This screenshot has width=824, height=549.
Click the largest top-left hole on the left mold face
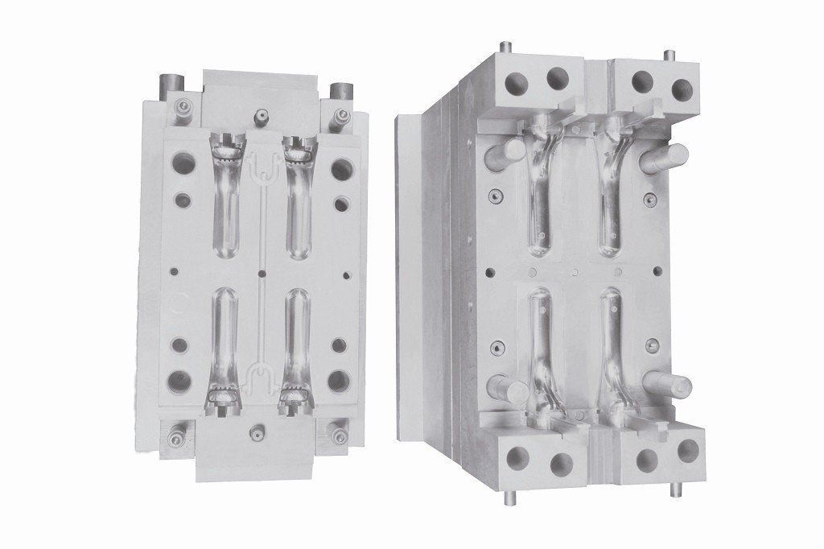pyautogui.click(x=183, y=164)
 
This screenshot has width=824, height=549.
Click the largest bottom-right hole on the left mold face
pyautogui.click(x=339, y=381)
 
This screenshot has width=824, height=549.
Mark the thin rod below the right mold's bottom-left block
pyautogui.click(x=508, y=497)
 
